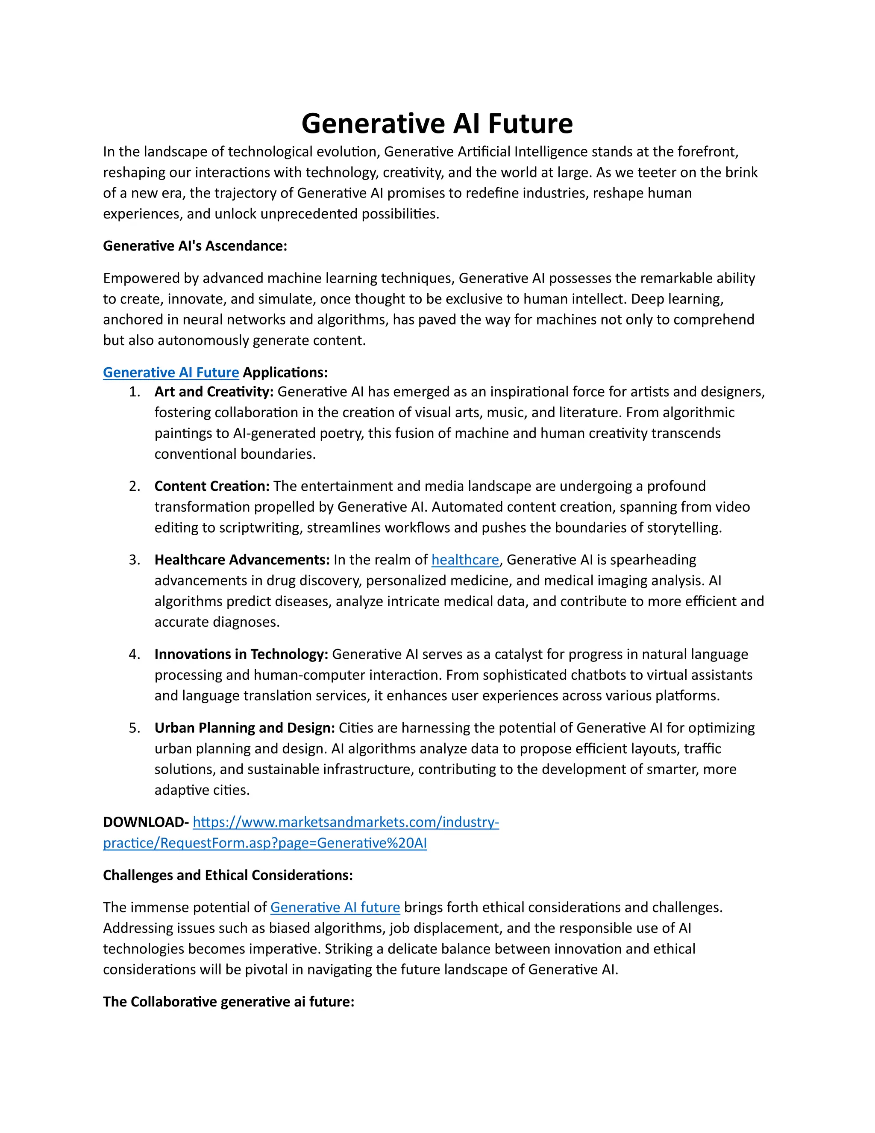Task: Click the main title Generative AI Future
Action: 437,124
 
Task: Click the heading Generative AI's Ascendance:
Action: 195,246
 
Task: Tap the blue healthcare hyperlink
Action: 465,560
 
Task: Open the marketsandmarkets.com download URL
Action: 346,822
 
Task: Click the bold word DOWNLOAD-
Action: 146,822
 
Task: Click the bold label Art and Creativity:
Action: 214,392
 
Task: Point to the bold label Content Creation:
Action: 211,486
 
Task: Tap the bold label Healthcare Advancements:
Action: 241,560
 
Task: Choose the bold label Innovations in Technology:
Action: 241,654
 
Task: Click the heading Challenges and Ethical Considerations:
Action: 228,875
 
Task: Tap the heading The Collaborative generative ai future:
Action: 229,1002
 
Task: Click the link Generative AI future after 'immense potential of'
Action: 335,907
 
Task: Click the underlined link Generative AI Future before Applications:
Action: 170,372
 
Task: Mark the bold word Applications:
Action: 285,372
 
